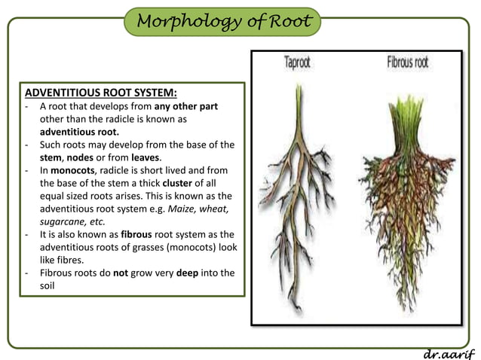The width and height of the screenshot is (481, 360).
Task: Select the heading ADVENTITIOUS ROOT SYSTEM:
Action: pyautogui.click(x=102, y=93)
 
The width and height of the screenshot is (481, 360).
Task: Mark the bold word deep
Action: pyautogui.click(x=188, y=273)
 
